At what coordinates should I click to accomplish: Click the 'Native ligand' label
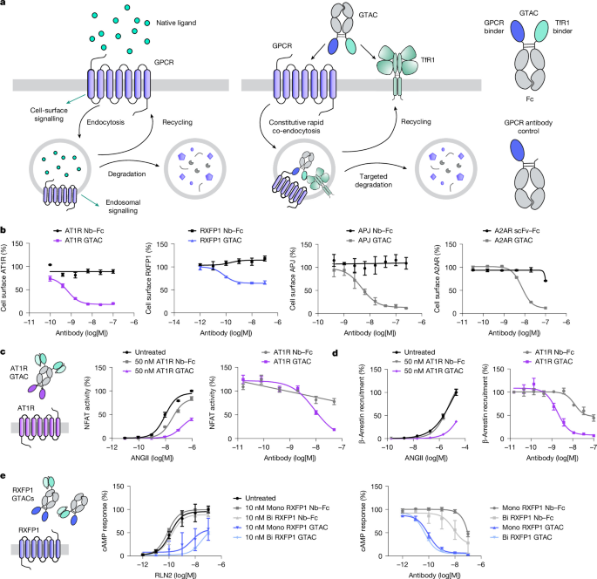[x=176, y=23]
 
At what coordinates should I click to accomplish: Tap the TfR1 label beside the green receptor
[x=428, y=60]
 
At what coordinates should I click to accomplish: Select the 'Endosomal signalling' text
[x=123, y=207]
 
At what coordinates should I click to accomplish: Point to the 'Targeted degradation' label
[x=374, y=181]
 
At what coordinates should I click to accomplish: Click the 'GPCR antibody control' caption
[x=528, y=126]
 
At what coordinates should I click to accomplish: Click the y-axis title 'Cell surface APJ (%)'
[x=293, y=279]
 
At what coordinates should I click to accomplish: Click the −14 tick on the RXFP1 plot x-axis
[x=174, y=322]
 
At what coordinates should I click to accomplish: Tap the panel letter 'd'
[x=336, y=353]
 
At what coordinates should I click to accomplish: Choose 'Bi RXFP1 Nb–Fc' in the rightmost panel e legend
[x=522, y=518]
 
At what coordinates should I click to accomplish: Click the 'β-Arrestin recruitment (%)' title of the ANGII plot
[x=362, y=404]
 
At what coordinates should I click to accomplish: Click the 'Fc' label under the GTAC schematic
[x=530, y=99]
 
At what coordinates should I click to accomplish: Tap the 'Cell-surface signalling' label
[x=49, y=114]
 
